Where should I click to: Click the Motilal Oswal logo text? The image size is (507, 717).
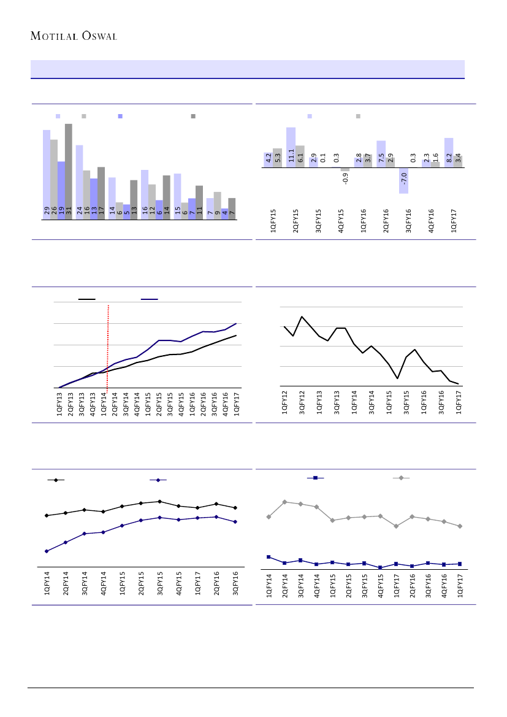pyautogui.click(x=74, y=35)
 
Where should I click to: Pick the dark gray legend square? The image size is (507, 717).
pyautogui.click(x=193, y=116)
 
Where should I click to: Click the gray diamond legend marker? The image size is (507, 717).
pyautogui.click(x=401, y=477)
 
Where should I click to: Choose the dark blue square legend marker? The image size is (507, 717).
pyautogui.click(x=315, y=477)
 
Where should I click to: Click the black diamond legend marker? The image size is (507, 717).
pyautogui.click(x=56, y=480)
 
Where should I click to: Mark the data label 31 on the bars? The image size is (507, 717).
pyautogui.click(x=69, y=212)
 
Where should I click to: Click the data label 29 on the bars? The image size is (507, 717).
pyautogui.click(x=47, y=212)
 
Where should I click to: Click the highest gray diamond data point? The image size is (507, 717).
pyautogui.click(x=284, y=502)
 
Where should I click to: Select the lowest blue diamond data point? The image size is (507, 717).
pyautogui.click(x=47, y=551)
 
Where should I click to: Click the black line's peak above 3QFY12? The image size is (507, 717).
pyautogui.click(x=302, y=316)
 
